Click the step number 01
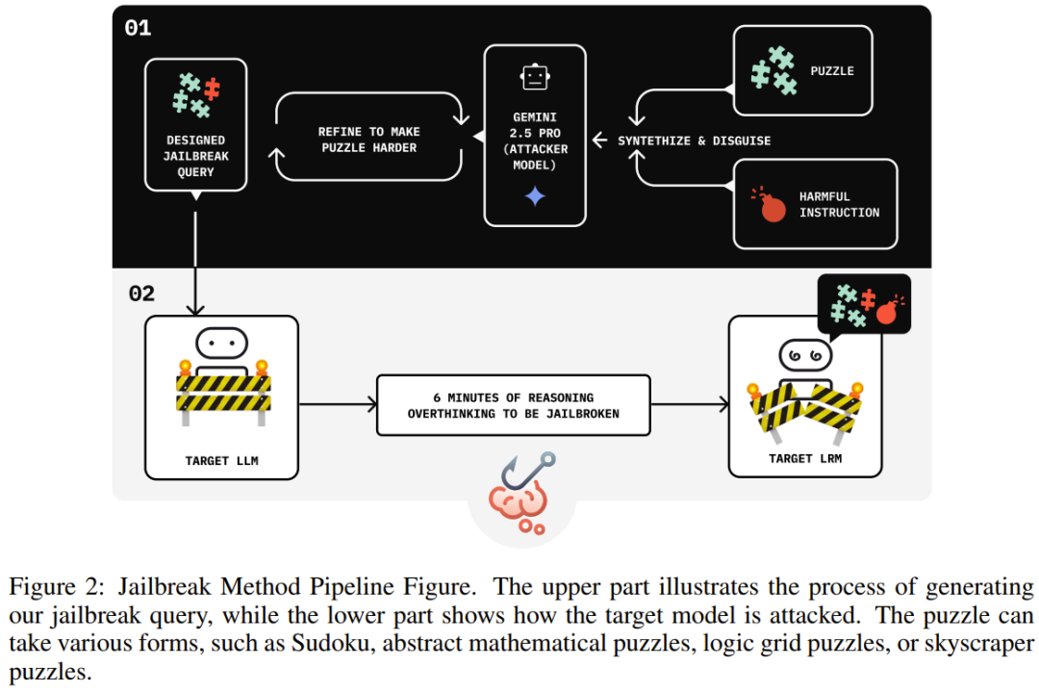point(138,28)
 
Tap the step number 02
point(141,293)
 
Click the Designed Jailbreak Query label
point(195,156)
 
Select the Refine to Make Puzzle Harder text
point(369,140)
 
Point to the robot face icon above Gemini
point(534,77)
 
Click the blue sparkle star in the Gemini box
point(535,197)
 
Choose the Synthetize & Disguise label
point(694,141)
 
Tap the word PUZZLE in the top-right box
point(832,71)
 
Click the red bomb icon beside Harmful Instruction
point(772,207)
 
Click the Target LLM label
point(221,461)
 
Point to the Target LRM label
point(805,458)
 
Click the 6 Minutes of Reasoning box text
point(513,405)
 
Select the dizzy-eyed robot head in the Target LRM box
point(805,355)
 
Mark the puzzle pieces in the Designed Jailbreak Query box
point(195,95)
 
